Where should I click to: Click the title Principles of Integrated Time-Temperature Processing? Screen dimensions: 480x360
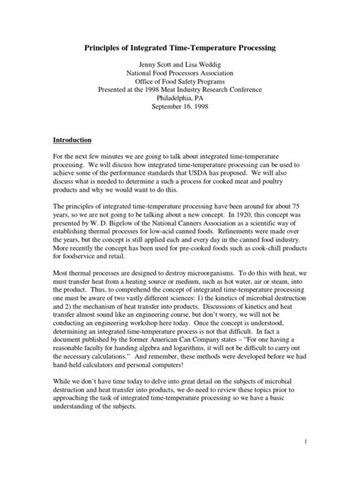point(179,46)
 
